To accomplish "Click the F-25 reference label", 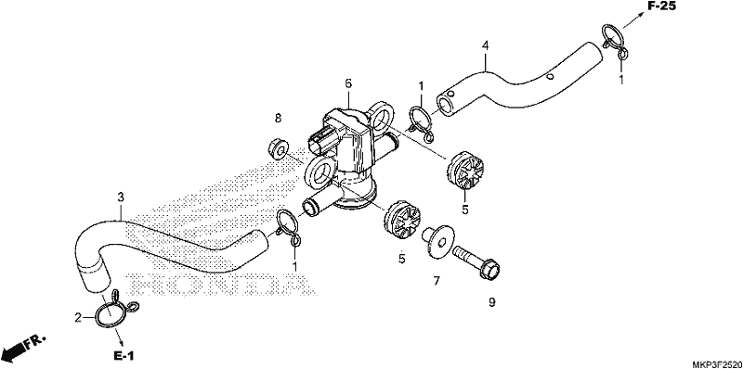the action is pos(661,6).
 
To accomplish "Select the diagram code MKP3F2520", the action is pos(717,364).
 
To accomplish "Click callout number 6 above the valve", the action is pos(348,83).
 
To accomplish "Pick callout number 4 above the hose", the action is pos(485,45).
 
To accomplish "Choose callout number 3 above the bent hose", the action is pos(121,197).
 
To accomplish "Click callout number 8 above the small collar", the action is pos(278,119).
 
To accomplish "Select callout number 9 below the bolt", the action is pos(492,302).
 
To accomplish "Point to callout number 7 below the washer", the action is pos(437,281).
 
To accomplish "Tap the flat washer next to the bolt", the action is pos(438,241).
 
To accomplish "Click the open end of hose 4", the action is pos(446,103).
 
